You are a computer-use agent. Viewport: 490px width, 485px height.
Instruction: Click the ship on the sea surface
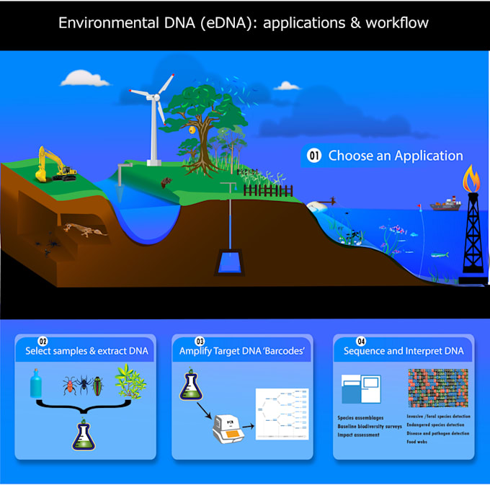click(445, 205)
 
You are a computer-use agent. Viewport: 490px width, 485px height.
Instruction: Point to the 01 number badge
click(313, 156)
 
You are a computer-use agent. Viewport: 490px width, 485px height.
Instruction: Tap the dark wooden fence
click(267, 190)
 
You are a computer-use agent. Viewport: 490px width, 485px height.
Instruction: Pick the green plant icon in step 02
click(132, 384)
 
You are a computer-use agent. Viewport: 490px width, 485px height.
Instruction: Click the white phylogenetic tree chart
click(282, 414)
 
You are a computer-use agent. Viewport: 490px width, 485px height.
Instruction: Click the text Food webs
click(419, 442)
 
